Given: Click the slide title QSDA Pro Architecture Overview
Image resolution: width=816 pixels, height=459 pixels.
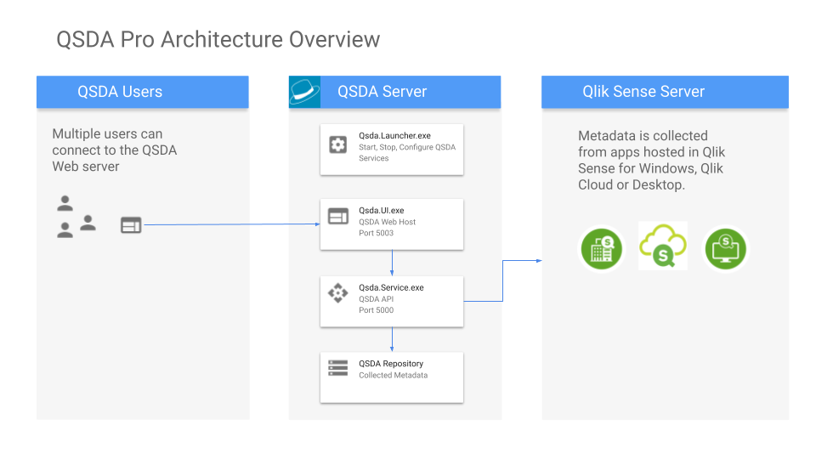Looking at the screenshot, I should pos(218,39).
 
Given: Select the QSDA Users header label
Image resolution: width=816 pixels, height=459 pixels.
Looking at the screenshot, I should pos(120,92).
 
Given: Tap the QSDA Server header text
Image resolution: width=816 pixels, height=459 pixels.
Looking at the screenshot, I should pos(382,92).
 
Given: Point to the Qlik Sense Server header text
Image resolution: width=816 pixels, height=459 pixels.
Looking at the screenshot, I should pos(643,92).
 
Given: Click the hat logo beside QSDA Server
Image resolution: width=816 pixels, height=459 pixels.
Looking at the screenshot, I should pos(305,92).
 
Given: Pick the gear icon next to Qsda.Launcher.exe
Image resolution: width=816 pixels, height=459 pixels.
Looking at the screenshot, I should pos(338,144).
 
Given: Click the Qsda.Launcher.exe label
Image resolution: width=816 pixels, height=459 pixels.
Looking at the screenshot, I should pos(394,135).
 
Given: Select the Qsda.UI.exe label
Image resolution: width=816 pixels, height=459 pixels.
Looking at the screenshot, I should pos(382,210).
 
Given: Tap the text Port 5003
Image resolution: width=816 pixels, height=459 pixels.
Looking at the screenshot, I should pos(376,233).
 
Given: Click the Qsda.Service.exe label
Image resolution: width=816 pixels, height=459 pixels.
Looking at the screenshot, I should pos(391,287).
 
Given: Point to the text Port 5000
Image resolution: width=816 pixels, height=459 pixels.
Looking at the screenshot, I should pos(376,310).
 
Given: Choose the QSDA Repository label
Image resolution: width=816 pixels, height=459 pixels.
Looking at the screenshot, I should pos(391,363).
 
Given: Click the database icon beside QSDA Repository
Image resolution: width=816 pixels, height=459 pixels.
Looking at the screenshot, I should pos(338,368).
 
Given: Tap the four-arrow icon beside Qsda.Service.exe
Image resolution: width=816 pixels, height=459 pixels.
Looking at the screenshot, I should pos(338,293).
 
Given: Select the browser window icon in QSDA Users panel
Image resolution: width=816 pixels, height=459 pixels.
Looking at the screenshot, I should pos(131,224).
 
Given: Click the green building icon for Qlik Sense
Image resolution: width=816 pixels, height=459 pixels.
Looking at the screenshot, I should pos(603,248).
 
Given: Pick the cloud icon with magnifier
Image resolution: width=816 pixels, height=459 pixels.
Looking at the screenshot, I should pos(663,247).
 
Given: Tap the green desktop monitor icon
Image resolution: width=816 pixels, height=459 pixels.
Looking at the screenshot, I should pos(726,248).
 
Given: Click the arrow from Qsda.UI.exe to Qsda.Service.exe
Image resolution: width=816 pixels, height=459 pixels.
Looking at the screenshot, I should pos(391,263).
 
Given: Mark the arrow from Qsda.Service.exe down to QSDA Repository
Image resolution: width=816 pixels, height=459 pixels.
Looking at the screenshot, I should pos(391,339).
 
